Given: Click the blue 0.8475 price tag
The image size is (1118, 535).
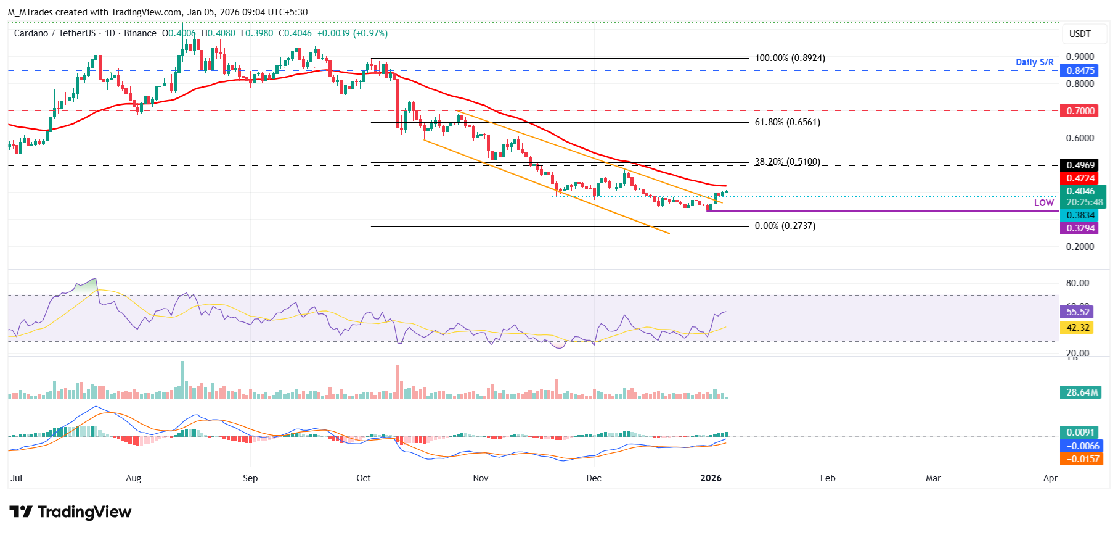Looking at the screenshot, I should pyautogui.click(x=1080, y=71).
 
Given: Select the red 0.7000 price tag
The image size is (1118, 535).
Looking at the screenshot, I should pyautogui.click(x=1080, y=111).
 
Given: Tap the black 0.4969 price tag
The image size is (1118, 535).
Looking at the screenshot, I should pyautogui.click(x=1080, y=165).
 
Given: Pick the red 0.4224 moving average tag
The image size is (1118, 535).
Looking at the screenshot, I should pyautogui.click(x=1080, y=178).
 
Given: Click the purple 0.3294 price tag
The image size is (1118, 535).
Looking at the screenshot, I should pyautogui.click(x=1080, y=228).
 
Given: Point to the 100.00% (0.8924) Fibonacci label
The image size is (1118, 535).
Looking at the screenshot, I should pyautogui.click(x=790, y=58).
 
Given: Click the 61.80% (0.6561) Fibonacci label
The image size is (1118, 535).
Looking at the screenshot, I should pyautogui.click(x=787, y=122).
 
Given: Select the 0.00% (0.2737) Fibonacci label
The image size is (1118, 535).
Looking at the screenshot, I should pyautogui.click(x=785, y=226).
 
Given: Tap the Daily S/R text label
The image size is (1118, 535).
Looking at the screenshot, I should pyautogui.click(x=1034, y=62).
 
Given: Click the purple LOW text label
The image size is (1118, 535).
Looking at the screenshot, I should pyautogui.click(x=1043, y=203).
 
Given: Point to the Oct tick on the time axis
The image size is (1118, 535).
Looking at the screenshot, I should pyautogui.click(x=364, y=478).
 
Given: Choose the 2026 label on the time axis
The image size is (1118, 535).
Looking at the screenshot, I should pyautogui.click(x=711, y=478).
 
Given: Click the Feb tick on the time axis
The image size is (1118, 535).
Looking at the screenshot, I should pyautogui.click(x=828, y=478).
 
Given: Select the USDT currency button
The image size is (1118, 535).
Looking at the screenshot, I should pyautogui.click(x=1079, y=34).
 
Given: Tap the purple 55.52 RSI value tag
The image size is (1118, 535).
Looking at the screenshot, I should pyautogui.click(x=1077, y=312).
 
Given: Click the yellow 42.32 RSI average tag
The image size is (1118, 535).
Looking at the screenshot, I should pyautogui.click(x=1077, y=328).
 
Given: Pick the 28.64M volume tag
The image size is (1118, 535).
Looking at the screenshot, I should pyautogui.click(x=1082, y=392).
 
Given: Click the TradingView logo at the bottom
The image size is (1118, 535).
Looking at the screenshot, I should pyautogui.click(x=70, y=512).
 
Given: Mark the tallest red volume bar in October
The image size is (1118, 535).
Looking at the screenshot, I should pyautogui.click(x=398, y=383).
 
